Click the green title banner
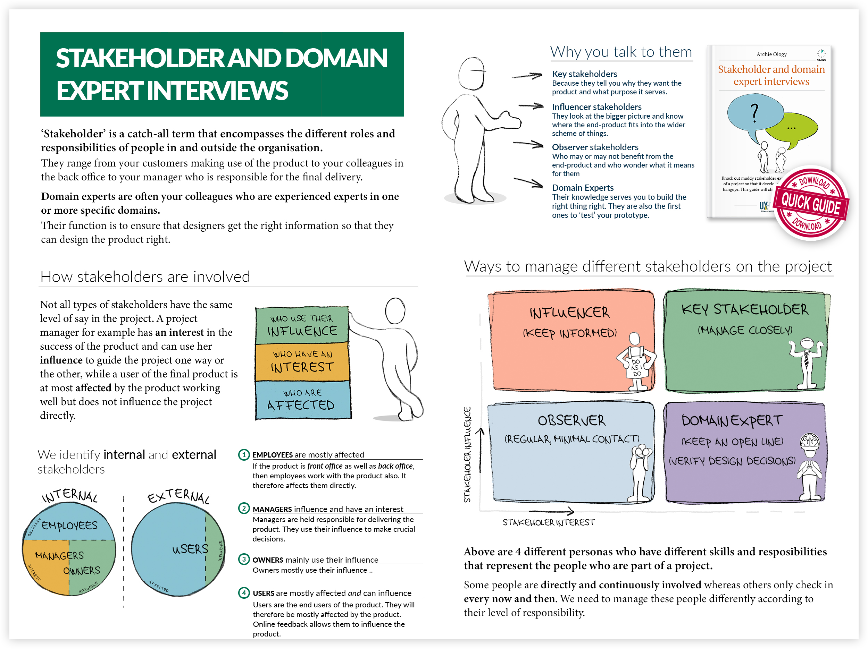coord(222,74)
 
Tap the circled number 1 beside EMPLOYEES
coord(244,454)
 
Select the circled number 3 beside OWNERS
coord(244,559)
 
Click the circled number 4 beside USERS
coord(244,592)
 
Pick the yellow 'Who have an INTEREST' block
coord(302,362)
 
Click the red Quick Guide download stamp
coord(811,203)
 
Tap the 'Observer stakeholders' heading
coord(595,147)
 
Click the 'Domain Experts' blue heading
coord(583,188)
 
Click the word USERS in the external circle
coord(190,549)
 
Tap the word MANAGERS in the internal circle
coord(59,555)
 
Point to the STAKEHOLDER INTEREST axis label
coord(549,522)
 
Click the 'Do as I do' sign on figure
coord(636,367)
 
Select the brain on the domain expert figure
coord(810,441)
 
